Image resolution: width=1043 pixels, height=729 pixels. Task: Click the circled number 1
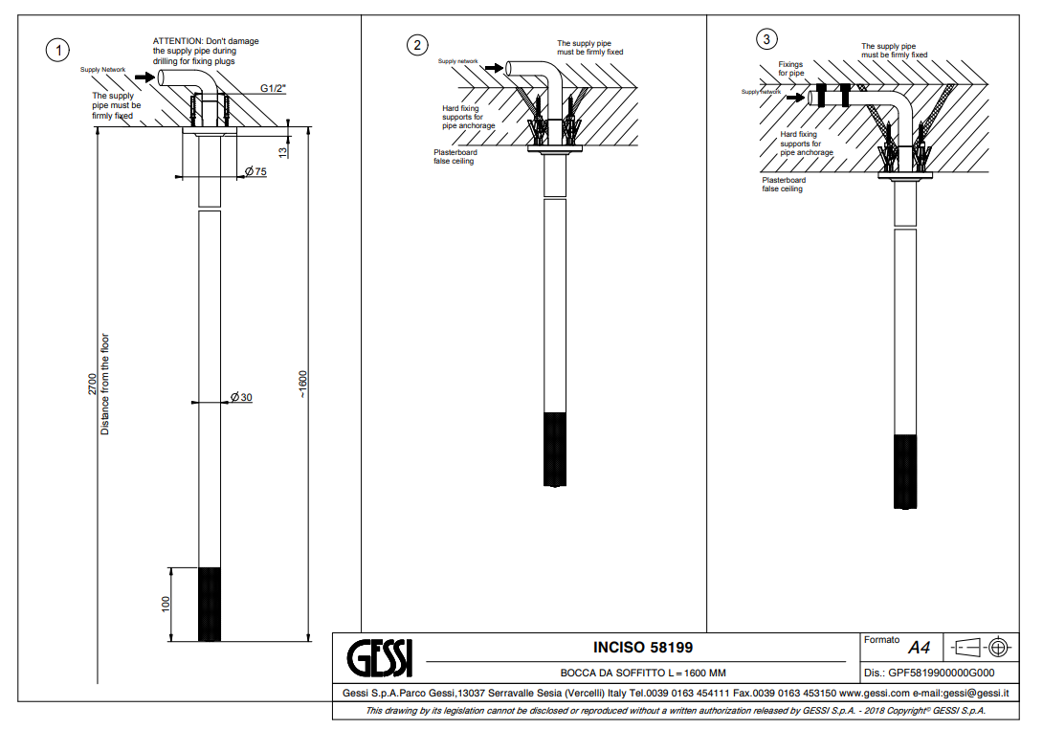click(60, 50)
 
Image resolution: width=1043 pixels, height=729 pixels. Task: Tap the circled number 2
click(416, 46)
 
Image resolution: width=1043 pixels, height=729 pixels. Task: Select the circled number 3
click(766, 39)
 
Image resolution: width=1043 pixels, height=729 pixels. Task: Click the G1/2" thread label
click(274, 89)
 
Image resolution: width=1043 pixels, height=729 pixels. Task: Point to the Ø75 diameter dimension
click(255, 171)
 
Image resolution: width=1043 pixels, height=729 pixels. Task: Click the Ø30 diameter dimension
click(241, 397)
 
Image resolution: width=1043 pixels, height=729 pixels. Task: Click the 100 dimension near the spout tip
click(166, 604)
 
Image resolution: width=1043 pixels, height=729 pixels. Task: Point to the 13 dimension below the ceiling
click(283, 151)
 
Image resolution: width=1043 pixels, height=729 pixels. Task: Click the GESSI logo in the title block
click(378, 658)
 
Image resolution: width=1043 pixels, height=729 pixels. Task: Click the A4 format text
click(919, 649)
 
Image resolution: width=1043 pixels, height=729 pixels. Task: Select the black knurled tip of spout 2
click(554, 449)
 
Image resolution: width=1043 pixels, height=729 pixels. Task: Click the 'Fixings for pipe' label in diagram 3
click(790, 69)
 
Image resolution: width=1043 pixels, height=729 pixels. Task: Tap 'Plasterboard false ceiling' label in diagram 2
click(455, 157)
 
